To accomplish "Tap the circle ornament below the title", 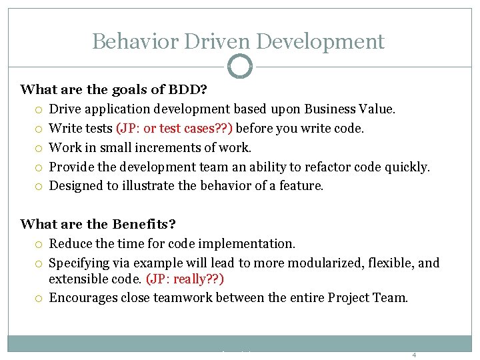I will pyautogui.click(x=240, y=67).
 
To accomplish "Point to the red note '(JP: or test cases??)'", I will pyautogui.click(x=175, y=128).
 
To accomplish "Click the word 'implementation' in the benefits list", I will pyautogui.click(x=250, y=244).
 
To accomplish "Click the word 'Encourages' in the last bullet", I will pyautogui.click(x=83, y=298).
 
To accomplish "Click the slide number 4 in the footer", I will pyautogui.click(x=414, y=355).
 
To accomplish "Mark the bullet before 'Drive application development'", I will pyautogui.click(x=40, y=109).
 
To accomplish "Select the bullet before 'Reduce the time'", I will pyautogui.click(x=40, y=245).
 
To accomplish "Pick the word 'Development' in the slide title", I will pyautogui.click(x=320, y=41).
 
